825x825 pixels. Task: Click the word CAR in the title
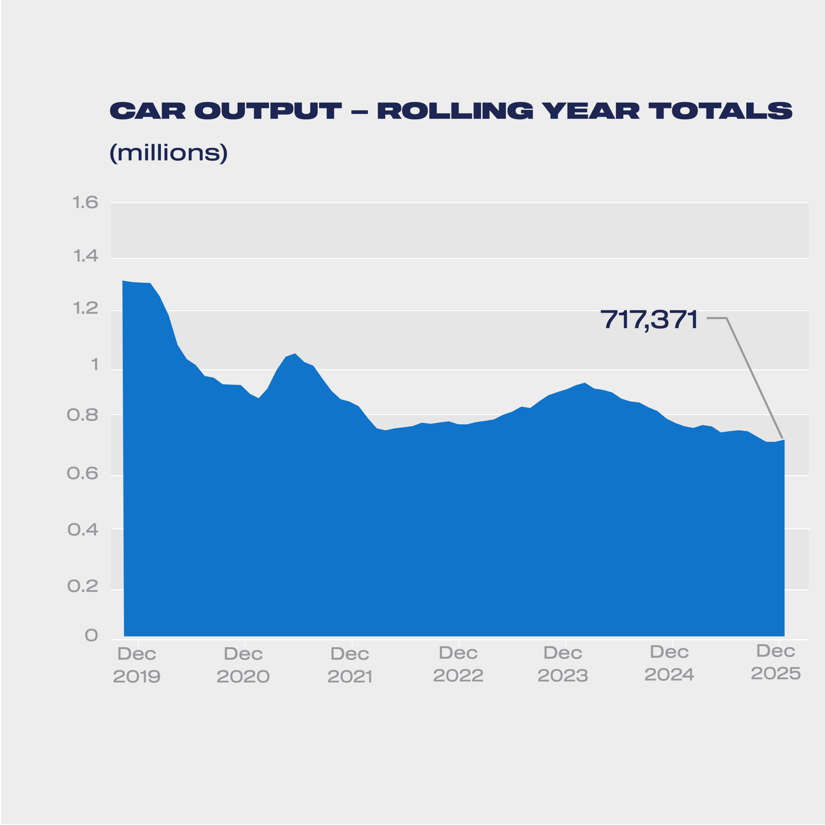(x=147, y=111)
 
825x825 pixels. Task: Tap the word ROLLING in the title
(x=455, y=111)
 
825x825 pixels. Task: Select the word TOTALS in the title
(x=720, y=111)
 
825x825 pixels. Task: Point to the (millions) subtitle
(x=168, y=152)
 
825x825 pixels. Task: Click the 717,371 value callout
(x=649, y=319)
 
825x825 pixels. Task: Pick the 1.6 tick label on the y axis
(x=85, y=202)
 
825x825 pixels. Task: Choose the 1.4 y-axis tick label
(x=85, y=256)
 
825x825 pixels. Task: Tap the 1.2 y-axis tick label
(x=85, y=309)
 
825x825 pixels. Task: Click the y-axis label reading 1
(x=94, y=365)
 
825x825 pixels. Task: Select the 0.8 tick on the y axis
(x=83, y=415)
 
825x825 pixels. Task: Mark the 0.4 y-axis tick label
(x=83, y=530)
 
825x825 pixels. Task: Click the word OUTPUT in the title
(x=268, y=111)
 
